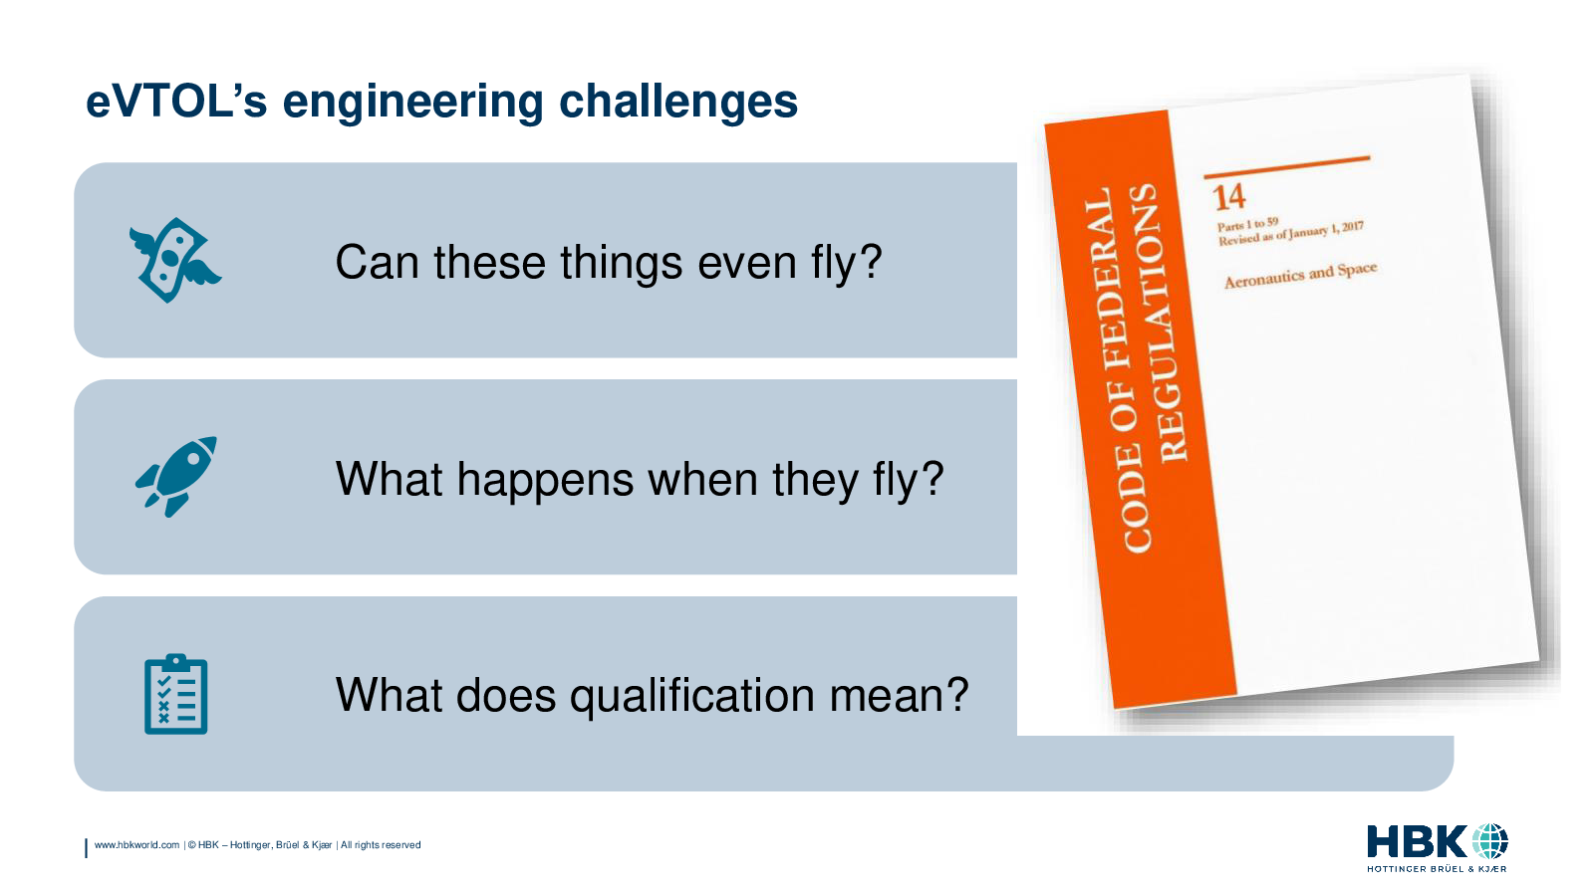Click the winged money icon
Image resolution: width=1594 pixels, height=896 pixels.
tap(175, 260)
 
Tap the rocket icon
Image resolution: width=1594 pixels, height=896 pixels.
tap(176, 477)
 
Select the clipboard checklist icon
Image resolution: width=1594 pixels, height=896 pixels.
tap(175, 694)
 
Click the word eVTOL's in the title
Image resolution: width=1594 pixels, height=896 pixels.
tap(176, 101)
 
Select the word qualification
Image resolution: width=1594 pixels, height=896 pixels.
tap(692, 697)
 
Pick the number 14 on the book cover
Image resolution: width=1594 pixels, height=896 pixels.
tap(1229, 198)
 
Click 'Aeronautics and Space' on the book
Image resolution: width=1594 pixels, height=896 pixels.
tap(1300, 275)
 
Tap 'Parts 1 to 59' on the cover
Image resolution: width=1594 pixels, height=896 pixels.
tap(1247, 225)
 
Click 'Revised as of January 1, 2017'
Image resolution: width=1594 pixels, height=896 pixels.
tap(1290, 233)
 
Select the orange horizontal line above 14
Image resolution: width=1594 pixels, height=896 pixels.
tap(1286, 166)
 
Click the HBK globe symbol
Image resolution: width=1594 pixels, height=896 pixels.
tap(1489, 841)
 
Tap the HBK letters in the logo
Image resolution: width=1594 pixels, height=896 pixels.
tap(1418, 842)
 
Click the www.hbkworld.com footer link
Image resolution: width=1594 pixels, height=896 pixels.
tap(136, 845)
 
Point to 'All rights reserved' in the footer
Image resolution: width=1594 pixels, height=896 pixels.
tap(381, 845)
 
